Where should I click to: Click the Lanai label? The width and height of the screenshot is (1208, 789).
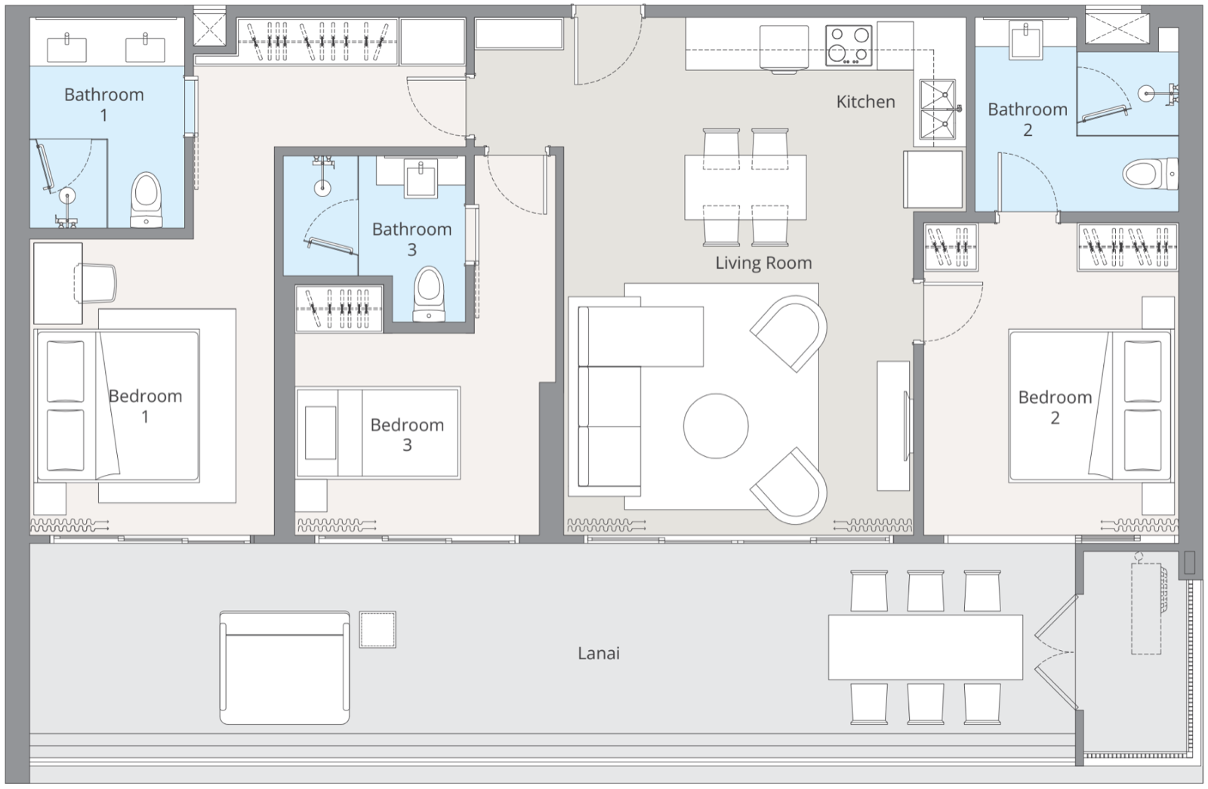tap(599, 653)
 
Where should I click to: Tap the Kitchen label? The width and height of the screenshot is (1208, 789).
tap(865, 101)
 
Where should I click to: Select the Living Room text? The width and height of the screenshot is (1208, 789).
tap(763, 263)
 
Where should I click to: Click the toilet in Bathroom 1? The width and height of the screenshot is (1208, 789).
tap(146, 199)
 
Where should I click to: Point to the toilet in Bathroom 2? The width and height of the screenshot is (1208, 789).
tap(1151, 173)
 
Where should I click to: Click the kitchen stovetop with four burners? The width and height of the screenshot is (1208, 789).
tap(849, 45)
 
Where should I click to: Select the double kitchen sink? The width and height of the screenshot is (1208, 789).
tap(938, 109)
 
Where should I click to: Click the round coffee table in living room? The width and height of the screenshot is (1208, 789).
tap(716, 426)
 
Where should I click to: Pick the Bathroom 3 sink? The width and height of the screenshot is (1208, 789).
tap(421, 178)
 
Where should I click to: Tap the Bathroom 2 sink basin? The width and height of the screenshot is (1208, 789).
tap(1027, 41)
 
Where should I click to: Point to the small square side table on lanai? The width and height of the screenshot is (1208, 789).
tap(377, 630)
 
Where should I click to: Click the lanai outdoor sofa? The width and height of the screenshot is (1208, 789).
tap(285, 667)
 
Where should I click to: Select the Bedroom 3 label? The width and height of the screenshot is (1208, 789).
tap(407, 435)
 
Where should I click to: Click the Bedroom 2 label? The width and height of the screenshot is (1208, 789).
tap(1055, 407)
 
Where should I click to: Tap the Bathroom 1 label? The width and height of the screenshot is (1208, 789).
tap(104, 105)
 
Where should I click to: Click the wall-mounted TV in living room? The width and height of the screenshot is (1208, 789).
tap(908, 426)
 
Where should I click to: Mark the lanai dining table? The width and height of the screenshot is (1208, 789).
tap(926, 647)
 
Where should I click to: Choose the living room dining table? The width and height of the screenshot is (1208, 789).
tap(745, 188)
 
